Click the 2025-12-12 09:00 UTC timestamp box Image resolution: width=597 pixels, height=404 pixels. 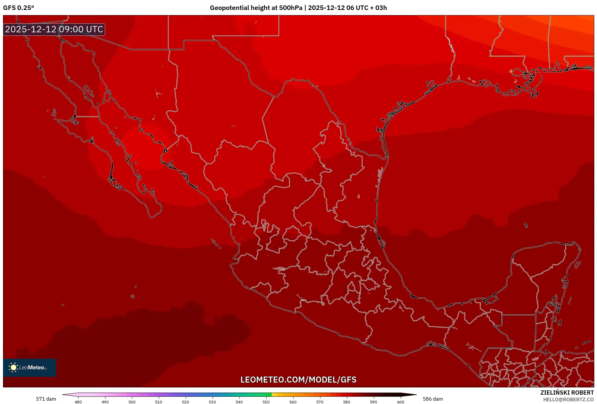click(x=54, y=29)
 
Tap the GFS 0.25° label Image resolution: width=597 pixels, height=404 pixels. click(x=18, y=8)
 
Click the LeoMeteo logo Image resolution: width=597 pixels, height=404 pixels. click(x=30, y=367)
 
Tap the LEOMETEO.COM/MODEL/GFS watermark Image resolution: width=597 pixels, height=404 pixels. click(x=298, y=380)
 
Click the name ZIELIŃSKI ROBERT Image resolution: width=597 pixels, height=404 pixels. click(x=567, y=393)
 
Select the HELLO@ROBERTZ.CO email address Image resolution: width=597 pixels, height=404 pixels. click(x=568, y=399)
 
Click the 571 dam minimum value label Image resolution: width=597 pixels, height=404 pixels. click(x=46, y=399)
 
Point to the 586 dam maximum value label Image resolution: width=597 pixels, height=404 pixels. click(x=433, y=399)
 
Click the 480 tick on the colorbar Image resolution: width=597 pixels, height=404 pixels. click(x=78, y=402)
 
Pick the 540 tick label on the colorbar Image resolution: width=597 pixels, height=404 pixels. click(x=239, y=402)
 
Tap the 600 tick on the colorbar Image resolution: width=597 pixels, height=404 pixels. click(x=400, y=402)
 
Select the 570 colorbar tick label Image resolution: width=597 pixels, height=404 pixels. click(x=320, y=402)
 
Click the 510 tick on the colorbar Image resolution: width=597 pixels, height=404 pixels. click(x=159, y=402)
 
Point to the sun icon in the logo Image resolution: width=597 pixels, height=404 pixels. click(x=13, y=367)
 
